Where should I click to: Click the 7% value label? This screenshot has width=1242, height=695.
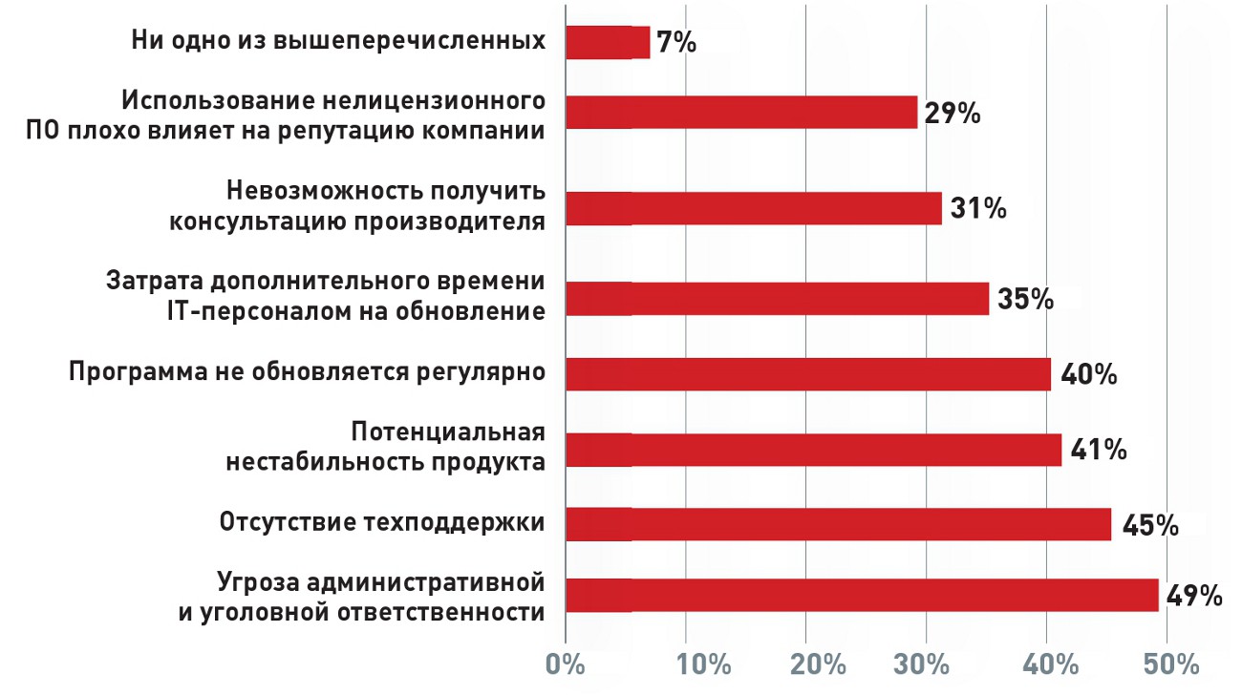coord(676,42)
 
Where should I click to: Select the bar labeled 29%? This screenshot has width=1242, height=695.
coord(741,112)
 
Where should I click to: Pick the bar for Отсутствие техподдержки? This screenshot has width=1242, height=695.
coord(838,524)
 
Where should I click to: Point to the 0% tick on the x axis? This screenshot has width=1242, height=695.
coord(566,664)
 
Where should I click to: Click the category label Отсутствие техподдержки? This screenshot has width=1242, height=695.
coord(382,523)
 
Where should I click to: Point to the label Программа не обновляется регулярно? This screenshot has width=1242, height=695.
coord(307,371)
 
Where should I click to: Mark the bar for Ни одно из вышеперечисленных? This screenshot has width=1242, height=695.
coord(608,42)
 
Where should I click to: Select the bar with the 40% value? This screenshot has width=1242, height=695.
coord(808,373)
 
